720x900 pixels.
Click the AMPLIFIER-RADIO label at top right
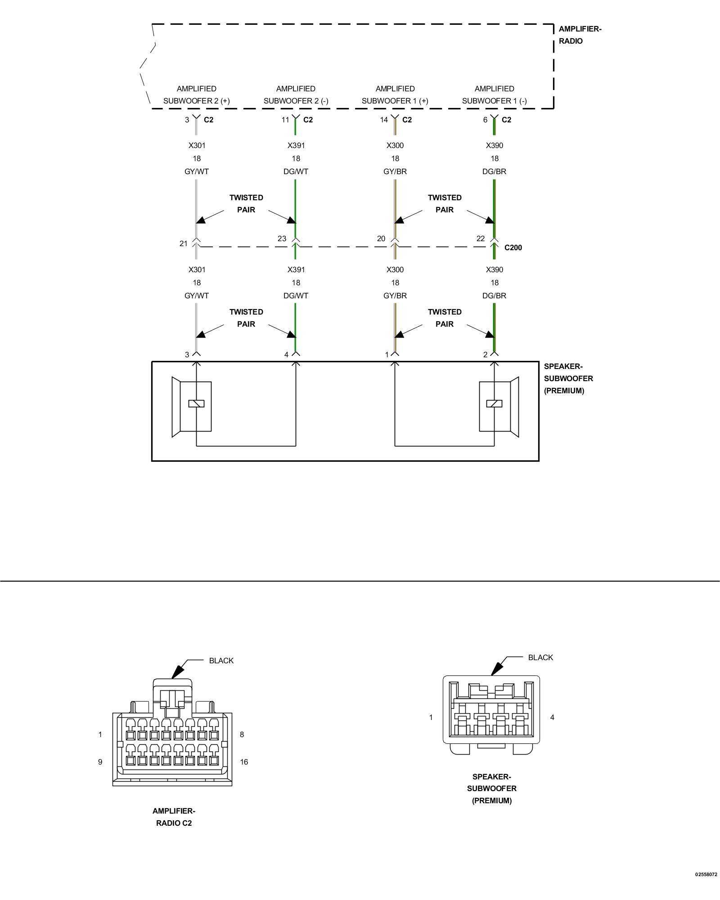pyautogui.click(x=580, y=35)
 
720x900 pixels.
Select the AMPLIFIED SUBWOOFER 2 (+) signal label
pyautogui.click(x=197, y=95)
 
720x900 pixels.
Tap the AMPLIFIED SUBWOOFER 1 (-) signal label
pyautogui.click(x=495, y=95)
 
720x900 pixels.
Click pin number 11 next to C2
pyautogui.click(x=285, y=120)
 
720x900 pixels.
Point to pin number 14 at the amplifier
pyautogui.click(x=384, y=120)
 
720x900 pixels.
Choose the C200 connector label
pyautogui.click(x=513, y=247)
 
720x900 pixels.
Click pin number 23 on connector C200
pyautogui.click(x=282, y=238)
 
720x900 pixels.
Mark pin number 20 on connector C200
pyautogui.click(x=381, y=238)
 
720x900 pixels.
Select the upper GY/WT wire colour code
pyautogui.click(x=197, y=171)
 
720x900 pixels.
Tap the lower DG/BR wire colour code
pyautogui.click(x=495, y=296)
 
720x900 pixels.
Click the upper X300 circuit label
pyautogui.click(x=395, y=145)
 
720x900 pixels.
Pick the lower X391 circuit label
pyautogui.click(x=296, y=270)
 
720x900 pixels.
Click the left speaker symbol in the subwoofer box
pyautogui.click(x=192, y=407)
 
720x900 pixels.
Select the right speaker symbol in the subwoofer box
pyautogui.click(x=499, y=407)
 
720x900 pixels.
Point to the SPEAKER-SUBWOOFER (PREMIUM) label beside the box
pyautogui.click(x=568, y=378)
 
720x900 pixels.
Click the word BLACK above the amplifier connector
pyautogui.click(x=221, y=661)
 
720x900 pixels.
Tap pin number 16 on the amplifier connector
pyautogui.click(x=244, y=762)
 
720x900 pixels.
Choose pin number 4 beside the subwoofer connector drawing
pyautogui.click(x=552, y=717)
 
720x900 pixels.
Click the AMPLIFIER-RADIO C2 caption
pyautogui.click(x=174, y=817)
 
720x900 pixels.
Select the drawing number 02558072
pyautogui.click(x=706, y=887)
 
